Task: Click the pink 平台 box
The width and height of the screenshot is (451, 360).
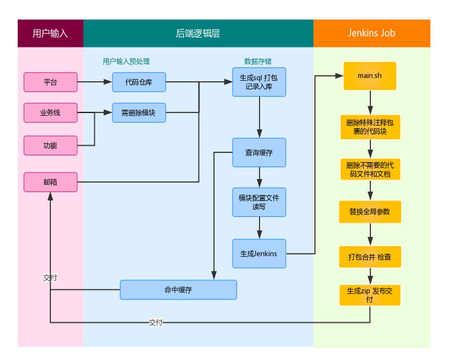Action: pyautogui.click(x=50, y=82)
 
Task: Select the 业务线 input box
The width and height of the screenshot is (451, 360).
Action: pyautogui.click(x=50, y=113)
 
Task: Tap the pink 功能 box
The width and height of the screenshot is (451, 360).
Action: pyautogui.click(x=50, y=145)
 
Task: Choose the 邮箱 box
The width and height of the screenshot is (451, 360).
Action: pyautogui.click(x=50, y=182)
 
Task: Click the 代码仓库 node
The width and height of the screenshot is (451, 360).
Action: pyautogui.click(x=139, y=82)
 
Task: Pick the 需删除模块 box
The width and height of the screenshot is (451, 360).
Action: pyautogui.click(x=139, y=113)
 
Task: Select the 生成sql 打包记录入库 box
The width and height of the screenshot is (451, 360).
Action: pyautogui.click(x=259, y=82)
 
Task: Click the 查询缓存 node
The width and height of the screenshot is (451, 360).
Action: pyautogui.click(x=259, y=153)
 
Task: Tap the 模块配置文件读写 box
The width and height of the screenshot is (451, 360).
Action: pyautogui.click(x=259, y=202)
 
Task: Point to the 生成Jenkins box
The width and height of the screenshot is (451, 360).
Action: pyautogui.click(x=259, y=253)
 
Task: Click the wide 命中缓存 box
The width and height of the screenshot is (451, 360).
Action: pyautogui.click(x=178, y=290)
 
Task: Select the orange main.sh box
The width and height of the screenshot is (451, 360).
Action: pyautogui.click(x=370, y=76)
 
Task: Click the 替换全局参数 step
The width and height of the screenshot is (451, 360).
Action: pyautogui.click(x=370, y=211)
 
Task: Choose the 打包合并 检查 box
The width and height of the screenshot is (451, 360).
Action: pyautogui.click(x=370, y=257)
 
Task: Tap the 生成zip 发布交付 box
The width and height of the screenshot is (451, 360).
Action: pyautogui.click(x=370, y=295)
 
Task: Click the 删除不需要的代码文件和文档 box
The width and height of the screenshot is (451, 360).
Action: pyautogui.click(x=370, y=170)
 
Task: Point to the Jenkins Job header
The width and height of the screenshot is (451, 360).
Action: pyautogui.click(x=372, y=33)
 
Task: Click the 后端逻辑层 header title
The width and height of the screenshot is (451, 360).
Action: pyautogui.click(x=198, y=33)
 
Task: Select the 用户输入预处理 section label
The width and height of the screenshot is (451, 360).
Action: pyautogui.click(x=126, y=62)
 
